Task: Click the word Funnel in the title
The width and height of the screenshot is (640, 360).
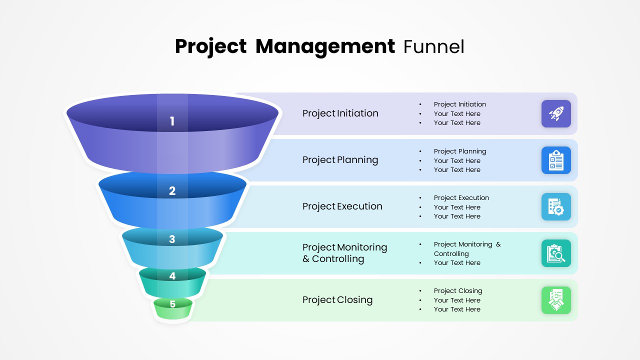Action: click(433, 46)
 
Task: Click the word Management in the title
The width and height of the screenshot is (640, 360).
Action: click(325, 46)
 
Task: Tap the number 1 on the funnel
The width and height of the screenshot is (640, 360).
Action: click(172, 121)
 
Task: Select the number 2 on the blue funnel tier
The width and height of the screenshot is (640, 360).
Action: click(172, 190)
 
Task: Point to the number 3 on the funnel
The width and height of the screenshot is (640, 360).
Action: click(172, 239)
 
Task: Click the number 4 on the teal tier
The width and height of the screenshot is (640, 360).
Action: click(172, 276)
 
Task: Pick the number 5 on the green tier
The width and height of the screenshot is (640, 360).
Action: click(172, 304)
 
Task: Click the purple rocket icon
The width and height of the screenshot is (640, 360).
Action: click(556, 113)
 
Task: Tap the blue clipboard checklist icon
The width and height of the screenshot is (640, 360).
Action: click(556, 160)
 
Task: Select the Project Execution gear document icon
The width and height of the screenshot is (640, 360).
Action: click(556, 206)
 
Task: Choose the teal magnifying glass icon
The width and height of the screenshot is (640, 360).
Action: click(556, 253)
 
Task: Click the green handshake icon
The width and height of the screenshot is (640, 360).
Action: click(556, 300)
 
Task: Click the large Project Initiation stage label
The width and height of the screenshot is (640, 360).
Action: click(340, 113)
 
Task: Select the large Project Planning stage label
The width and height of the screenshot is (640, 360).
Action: click(340, 160)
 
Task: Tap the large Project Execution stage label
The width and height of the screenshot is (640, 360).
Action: click(342, 206)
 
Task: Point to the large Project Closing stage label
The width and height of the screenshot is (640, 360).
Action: click(337, 300)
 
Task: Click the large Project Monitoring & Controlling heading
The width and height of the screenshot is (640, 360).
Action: click(344, 253)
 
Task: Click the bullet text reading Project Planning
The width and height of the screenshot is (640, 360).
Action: click(459, 151)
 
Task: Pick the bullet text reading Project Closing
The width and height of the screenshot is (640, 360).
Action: click(458, 291)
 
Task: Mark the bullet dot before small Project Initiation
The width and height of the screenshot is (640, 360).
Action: click(420, 104)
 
